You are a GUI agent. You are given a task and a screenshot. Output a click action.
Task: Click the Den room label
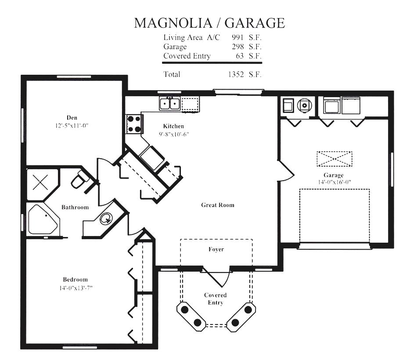tap(72, 118)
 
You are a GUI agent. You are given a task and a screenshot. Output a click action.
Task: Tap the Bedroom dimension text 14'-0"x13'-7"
tap(76, 288)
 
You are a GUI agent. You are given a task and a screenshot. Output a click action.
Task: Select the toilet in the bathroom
tap(80, 179)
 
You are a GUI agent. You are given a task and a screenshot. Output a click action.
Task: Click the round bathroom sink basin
tap(106, 218)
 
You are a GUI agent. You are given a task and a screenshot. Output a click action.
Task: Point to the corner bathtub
tap(43, 220)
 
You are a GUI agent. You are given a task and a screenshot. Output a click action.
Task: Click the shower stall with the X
tap(40, 182)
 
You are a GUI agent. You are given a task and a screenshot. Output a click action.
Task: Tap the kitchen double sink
tap(170, 103)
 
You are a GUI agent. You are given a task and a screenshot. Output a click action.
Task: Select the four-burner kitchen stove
tap(134, 124)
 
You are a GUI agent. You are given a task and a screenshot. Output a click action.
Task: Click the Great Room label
tap(218, 205)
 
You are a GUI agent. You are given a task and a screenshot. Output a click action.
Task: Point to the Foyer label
tap(216, 249)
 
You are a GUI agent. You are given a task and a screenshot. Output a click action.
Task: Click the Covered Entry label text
tap(216, 299)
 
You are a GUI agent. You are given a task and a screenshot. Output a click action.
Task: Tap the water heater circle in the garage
tap(304, 106)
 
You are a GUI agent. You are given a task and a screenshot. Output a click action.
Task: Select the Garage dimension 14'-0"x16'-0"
tap(334, 182)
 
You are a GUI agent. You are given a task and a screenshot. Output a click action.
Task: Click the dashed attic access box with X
tap(334, 159)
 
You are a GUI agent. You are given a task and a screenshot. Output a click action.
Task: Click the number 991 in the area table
tap(237, 37)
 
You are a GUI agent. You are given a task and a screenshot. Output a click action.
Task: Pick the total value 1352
tap(236, 74)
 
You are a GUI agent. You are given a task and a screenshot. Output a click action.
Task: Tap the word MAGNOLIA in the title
tap(173, 23)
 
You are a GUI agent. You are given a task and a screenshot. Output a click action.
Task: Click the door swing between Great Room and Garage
tap(286, 171)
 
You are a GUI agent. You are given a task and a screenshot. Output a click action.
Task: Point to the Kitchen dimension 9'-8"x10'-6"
tap(174, 134)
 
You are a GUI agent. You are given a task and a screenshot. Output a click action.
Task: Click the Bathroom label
tap(75, 207)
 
